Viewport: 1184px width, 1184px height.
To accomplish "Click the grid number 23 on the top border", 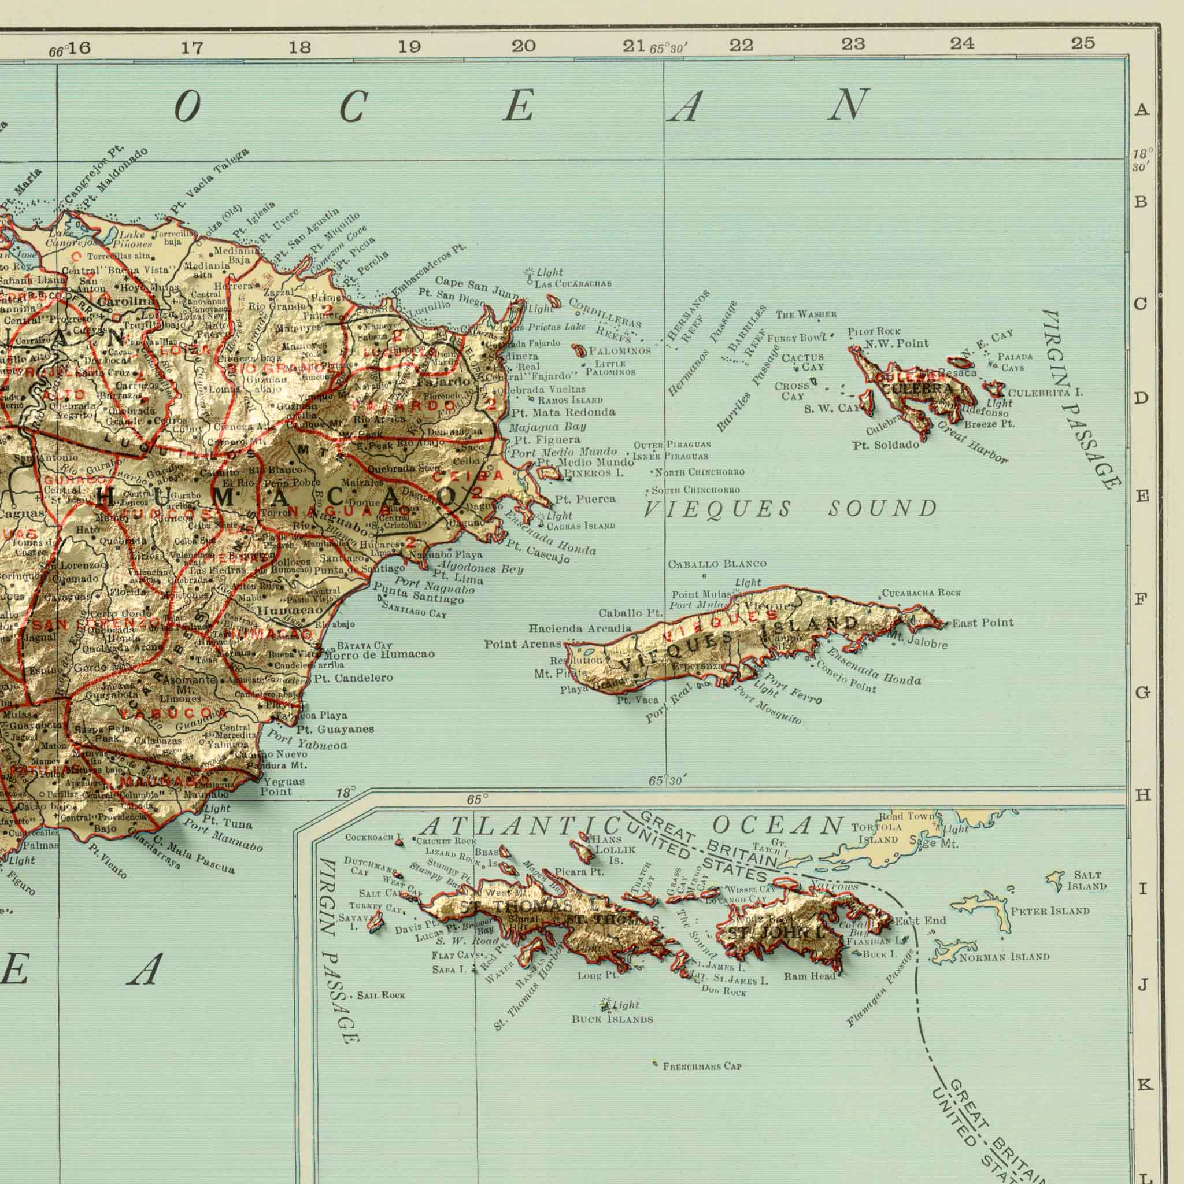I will pos(853,44).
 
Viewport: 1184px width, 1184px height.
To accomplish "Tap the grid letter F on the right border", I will pos(1141,599).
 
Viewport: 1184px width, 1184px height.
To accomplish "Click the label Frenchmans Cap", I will pos(702,1066).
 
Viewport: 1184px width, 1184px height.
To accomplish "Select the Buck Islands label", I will pos(612,1020).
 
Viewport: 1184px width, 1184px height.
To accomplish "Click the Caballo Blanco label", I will pos(717,564).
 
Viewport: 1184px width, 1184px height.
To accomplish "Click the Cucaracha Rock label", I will pos(922,593).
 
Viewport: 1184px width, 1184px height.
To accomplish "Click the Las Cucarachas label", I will pos(573,284).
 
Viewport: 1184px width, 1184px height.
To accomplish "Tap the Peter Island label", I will pos(1050,911).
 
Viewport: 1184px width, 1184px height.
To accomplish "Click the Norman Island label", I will pos(1004,957).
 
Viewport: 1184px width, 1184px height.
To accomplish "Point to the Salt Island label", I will pos(1086,880).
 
